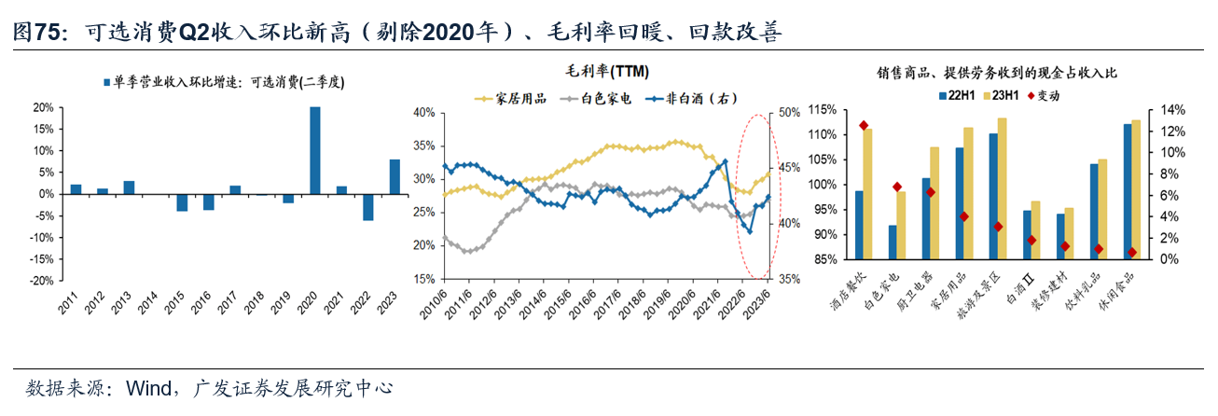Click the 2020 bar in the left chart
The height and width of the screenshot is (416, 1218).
(315, 150)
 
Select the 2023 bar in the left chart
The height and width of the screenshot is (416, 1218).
(394, 176)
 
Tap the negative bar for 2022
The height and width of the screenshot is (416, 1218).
(368, 207)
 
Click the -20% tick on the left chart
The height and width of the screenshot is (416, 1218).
(41, 281)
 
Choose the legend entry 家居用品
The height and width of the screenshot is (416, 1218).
(509, 98)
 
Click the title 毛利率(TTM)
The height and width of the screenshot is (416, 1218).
(608, 72)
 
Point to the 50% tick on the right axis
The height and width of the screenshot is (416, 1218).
(790, 113)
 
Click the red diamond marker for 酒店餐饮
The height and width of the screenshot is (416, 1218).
(863, 126)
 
